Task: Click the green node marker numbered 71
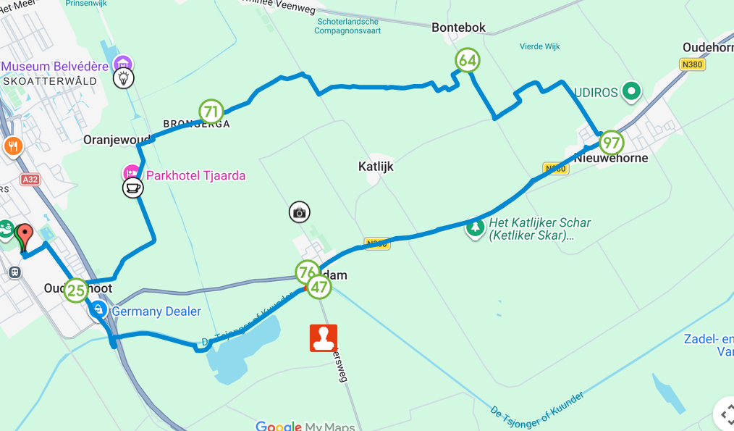pyautogui.click(x=211, y=112)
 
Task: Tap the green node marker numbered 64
pyautogui.click(x=467, y=61)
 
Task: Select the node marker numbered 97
pyautogui.click(x=612, y=143)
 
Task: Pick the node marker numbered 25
pyautogui.click(x=76, y=290)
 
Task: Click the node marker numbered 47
pyautogui.click(x=319, y=287)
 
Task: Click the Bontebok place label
pyautogui.click(x=458, y=28)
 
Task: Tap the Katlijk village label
pyautogui.click(x=376, y=167)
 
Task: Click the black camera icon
pyautogui.click(x=300, y=212)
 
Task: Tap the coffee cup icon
pyautogui.click(x=132, y=188)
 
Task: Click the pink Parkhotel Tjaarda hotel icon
pyautogui.click(x=132, y=174)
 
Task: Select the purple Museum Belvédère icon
pyautogui.click(x=124, y=64)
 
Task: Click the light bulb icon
pyautogui.click(x=124, y=78)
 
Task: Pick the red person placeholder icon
pyautogui.click(x=324, y=338)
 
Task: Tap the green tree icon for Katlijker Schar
pyautogui.click(x=475, y=227)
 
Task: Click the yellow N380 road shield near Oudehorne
pyautogui.click(x=693, y=64)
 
